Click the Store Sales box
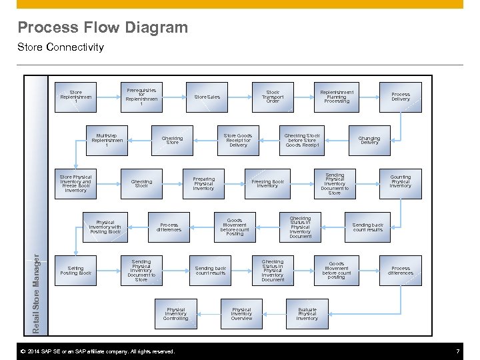pyautogui.click(x=207, y=97)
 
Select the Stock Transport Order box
pyautogui.click(x=273, y=97)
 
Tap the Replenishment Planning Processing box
pyautogui.click(x=337, y=97)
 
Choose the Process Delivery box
pyautogui.click(x=401, y=97)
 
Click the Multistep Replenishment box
pyautogui.click(x=107, y=140)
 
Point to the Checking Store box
pyautogui.click(x=172, y=140)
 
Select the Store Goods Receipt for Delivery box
pyautogui.click(x=238, y=140)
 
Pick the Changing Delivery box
pyautogui.click(x=369, y=140)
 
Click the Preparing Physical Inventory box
pyautogui.click(x=204, y=183)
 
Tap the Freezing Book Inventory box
pyautogui.click(x=267, y=183)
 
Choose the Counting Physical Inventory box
pyautogui.click(x=401, y=181)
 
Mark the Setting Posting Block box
pyautogui.click(x=76, y=271)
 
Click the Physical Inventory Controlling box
pyautogui.click(x=176, y=314)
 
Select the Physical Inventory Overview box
pyautogui.click(x=241, y=314)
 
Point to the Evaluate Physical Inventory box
pyautogui.click(x=307, y=314)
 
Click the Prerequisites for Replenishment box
pyautogui.click(x=141, y=97)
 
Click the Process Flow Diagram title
pyautogui.click(x=103, y=27)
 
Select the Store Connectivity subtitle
pyautogui.click(x=61, y=47)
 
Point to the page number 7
pyautogui.click(x=457, y=351)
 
